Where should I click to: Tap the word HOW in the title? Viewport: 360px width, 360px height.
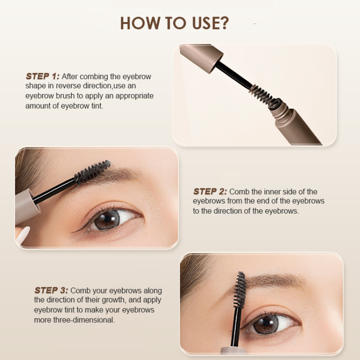(x=138, y=23)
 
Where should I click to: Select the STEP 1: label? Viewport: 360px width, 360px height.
(x=43, y=76)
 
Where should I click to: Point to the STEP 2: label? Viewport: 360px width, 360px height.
(x=210, y=192)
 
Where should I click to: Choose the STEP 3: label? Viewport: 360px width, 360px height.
(x=51, y=291)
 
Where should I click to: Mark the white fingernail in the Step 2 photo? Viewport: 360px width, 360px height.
(x=22, y=234)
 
